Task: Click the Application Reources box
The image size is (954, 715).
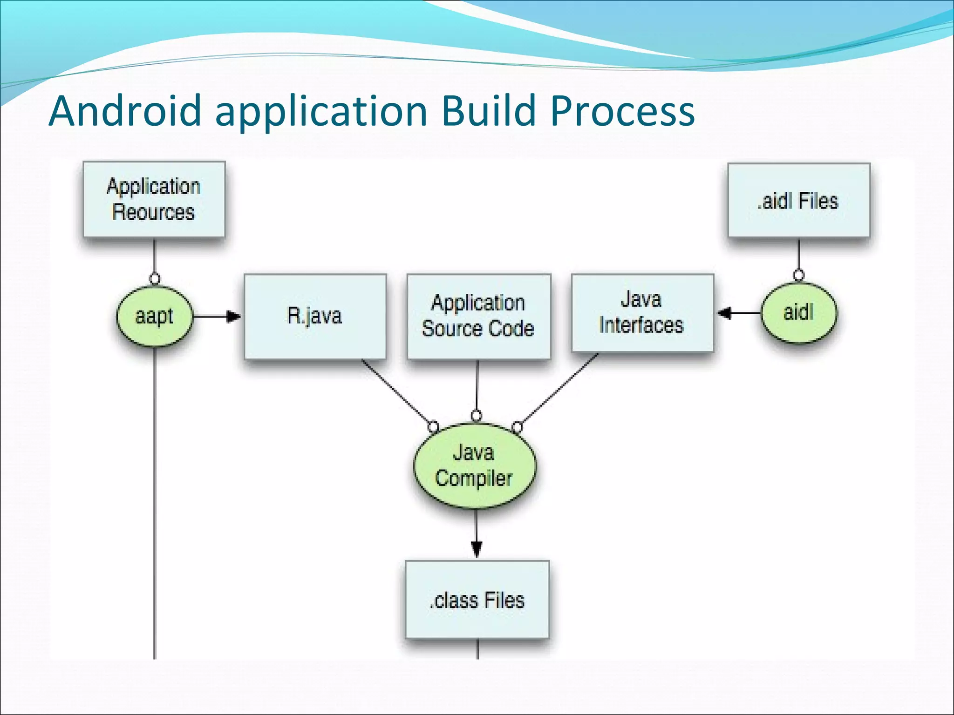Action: [x=154, y=199]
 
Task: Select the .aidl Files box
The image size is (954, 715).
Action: [x=798, y=200]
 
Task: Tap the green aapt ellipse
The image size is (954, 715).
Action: [x=154, y=316]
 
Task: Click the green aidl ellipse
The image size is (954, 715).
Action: [x=798, y=312]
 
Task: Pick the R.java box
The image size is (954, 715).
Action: [x=315, y=316]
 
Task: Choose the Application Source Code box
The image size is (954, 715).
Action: [x=478, y=316]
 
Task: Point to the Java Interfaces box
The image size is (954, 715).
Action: [x=642, y=312]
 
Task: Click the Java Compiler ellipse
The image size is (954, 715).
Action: [x=475, y=465]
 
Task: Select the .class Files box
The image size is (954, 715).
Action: [x=477, y=600]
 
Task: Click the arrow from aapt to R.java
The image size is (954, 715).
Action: [x=217, y=317]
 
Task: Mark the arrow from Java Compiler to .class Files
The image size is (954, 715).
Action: [x=476, y=533]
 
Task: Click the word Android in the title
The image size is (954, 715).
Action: [x=124, y=111]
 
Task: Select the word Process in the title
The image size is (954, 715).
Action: [x=622, y=111]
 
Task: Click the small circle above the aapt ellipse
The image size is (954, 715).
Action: [x=155, y=279]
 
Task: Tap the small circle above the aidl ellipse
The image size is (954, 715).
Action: [x=798, y=275]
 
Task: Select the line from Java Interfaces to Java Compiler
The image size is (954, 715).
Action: [x=559, y=389]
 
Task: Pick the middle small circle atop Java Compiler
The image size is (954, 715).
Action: [x=476, y=415]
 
